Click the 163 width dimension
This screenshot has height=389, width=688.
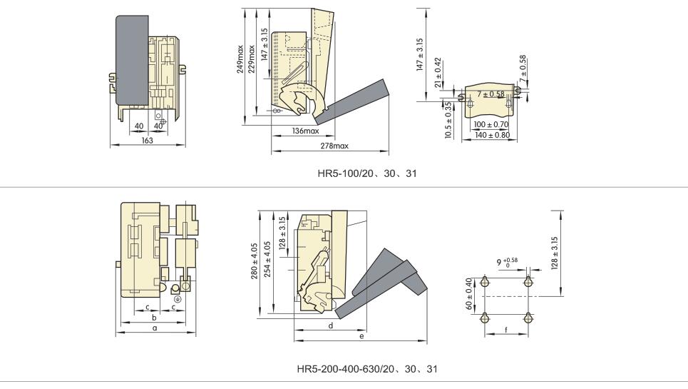coord(148,141)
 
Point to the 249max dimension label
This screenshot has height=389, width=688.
coord(240,59)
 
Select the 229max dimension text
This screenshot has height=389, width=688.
coord(252,59)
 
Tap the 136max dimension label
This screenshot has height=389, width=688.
coord(306,131)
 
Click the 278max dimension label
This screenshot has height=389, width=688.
coord(334,146)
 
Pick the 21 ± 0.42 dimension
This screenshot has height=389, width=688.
coord(438,72)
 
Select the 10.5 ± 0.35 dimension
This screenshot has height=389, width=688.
coord(448,121)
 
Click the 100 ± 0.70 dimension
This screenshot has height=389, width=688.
coord(491,125)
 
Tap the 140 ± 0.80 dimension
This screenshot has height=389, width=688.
coord(493,135)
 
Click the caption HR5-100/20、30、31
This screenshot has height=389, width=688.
coord(367,173)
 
